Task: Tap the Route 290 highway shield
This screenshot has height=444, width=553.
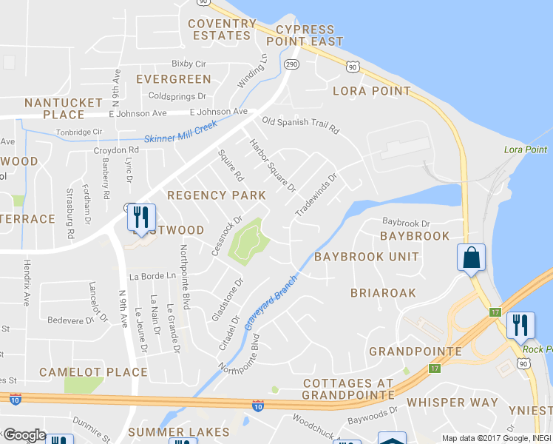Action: click(x=291, y=64)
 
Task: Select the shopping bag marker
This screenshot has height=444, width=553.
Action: click(x=471, y=258)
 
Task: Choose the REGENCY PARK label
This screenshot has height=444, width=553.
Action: click(x=217, y=195)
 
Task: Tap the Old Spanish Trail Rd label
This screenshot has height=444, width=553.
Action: click(x=300, y=125)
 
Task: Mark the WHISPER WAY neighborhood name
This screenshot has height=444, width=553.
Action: click(x=452, y=403)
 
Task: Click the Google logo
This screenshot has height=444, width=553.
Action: click(x=24, y=435)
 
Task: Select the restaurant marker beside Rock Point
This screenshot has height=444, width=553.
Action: click(x=520, y=325)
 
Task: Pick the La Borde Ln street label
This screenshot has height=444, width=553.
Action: click(x=153, y=276)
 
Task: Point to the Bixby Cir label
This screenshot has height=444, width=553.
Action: click(x=188, y=64)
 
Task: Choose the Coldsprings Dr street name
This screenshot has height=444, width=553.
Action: click(x=177, y=96)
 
